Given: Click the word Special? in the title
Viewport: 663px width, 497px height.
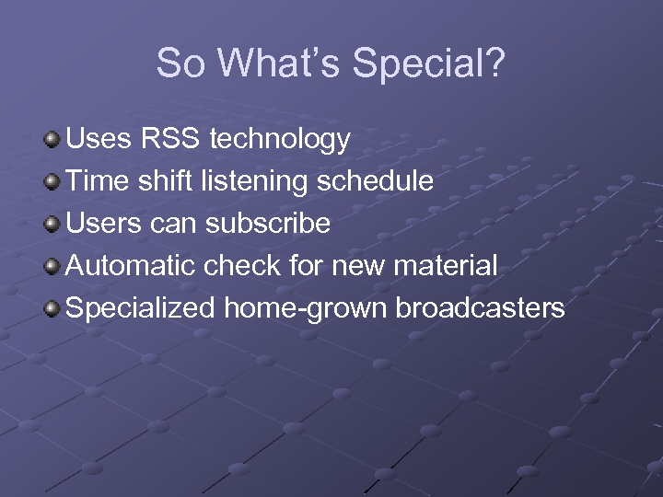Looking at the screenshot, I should point(430,64).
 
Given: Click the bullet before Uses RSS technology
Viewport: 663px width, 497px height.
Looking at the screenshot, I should point(52,140).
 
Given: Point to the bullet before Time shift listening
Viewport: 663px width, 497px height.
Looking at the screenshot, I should point(52,182).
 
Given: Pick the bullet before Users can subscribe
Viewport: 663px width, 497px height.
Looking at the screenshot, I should point(52,225).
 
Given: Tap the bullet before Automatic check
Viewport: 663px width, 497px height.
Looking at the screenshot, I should point(52,267).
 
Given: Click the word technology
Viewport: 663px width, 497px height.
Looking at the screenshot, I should point(280,141).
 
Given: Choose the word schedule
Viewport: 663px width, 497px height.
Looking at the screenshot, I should point(375,181).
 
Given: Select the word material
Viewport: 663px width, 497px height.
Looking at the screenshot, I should point(446,266).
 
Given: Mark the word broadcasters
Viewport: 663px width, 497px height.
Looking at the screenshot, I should point(480,308).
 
